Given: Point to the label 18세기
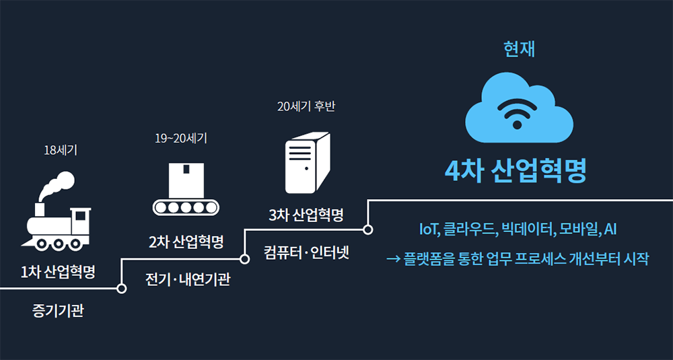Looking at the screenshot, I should [x=59, y=150].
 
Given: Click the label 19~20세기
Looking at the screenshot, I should [x=180, y=139].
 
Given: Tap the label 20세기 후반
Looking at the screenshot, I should [x=306, y=106].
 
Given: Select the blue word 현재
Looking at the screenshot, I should [x=519, y=49].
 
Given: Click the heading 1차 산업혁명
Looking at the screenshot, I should [x=58, y=273].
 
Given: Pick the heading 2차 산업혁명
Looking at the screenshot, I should [x=186, y=242].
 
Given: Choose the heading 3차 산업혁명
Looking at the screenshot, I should [x=306, y=215].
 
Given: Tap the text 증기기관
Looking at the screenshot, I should [x=58, y=311].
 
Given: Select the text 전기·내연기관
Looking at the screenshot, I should [x=188, y=279].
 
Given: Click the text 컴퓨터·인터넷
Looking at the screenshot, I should [x=306, y=254].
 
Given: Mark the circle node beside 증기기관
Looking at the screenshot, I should [x=122, y=289].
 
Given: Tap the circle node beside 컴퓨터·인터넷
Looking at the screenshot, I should [x=245, y=258].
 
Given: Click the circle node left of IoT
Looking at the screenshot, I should [x=368, y=229].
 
